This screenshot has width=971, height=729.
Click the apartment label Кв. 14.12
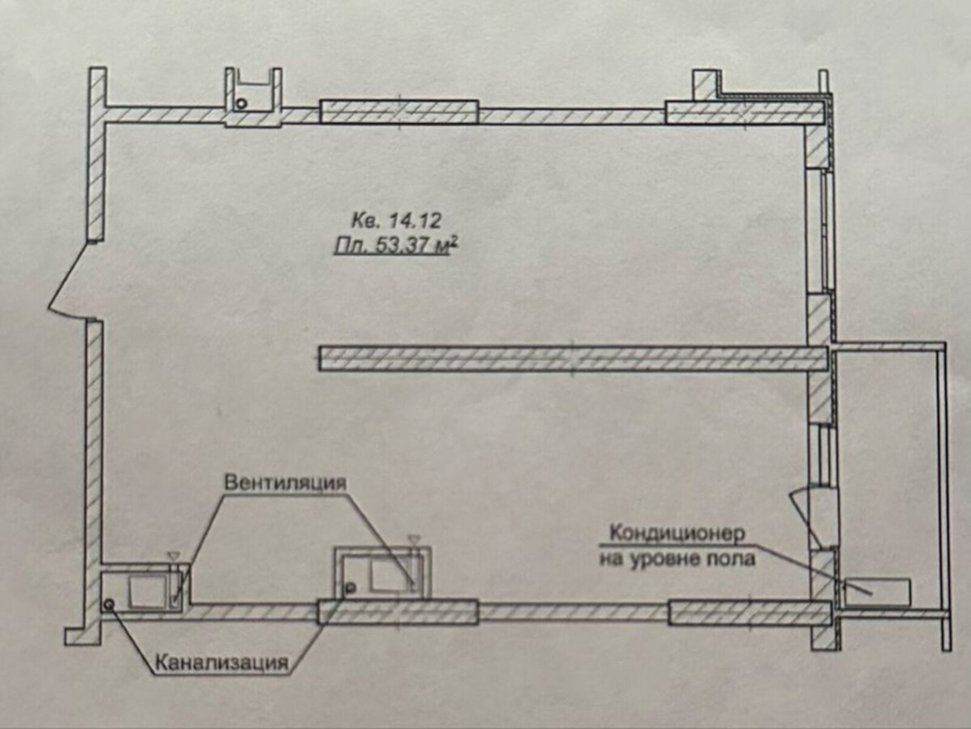pyautogui.click(x=396, y=220)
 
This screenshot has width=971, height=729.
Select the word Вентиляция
pyautogui.click(x=285, y=483)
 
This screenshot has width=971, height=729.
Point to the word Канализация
pyautogui.click(x=223, y=663)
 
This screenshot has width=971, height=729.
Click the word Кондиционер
pyautogui.click(x=677, y=533)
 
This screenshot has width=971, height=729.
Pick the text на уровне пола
pyautogui.click(x=677, y=559)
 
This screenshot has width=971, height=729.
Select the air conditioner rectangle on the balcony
pyautogui.click(x=877, y=592)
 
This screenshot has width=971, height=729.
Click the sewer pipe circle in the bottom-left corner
pyautogui.click(x=109, y=603)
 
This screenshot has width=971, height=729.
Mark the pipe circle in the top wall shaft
pyautogui.click(x=241, y=104)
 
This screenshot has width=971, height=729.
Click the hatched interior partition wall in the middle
pyautogui.click(x=573, y=358)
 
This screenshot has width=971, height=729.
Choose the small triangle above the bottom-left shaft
pyautogui.click(x=172, y=555)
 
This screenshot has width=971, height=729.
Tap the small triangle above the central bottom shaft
pyautogui.click(x=414, y=538)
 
